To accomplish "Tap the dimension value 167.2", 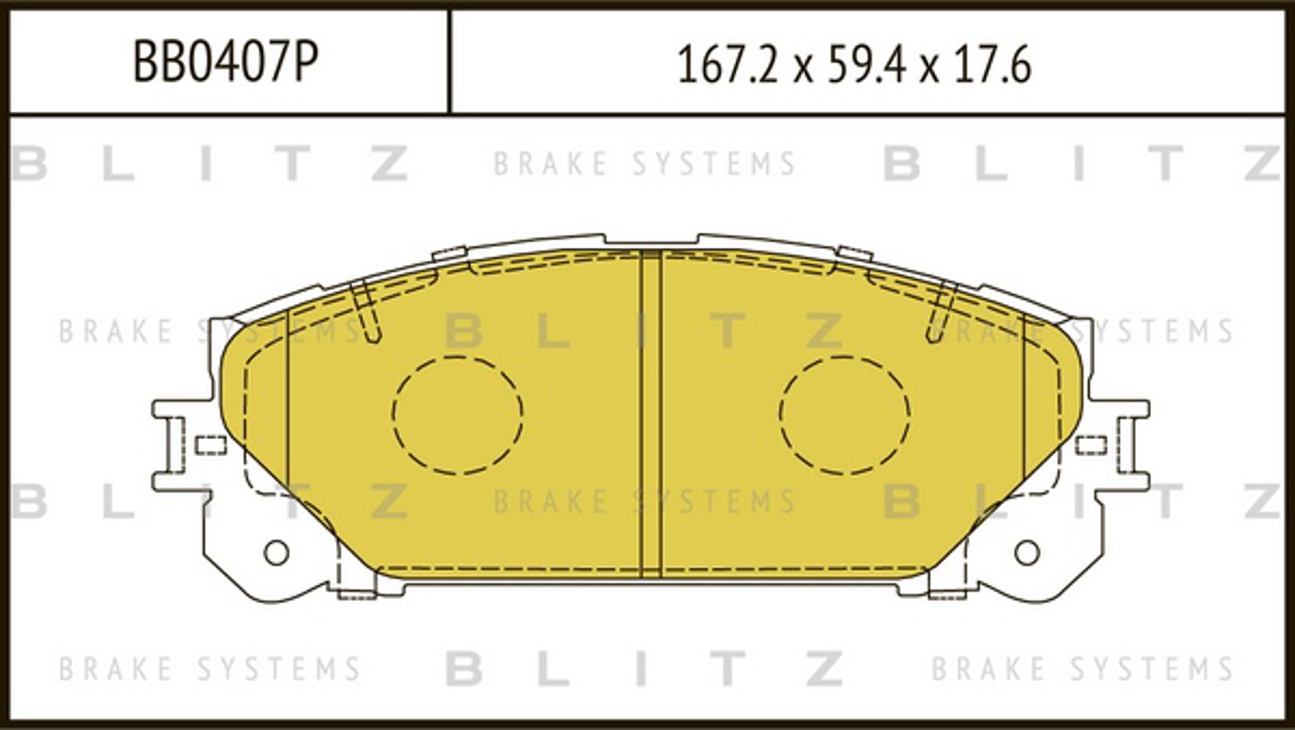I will (728, 65).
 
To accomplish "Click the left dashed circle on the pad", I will (458, 415).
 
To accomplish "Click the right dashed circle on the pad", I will (844, 415).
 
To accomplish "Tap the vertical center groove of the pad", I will (651, 413).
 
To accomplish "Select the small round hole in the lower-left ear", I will (276, 552).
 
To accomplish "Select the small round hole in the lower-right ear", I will (1027, 552).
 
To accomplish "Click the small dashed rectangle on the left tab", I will (210, 445).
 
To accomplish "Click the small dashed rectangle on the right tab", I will (1091, 445).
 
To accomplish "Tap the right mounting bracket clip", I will (1128, 445).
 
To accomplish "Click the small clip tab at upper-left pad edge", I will (449, 253).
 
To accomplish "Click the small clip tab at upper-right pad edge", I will (854, 253).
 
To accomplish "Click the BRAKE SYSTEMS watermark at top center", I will (645, 164).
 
